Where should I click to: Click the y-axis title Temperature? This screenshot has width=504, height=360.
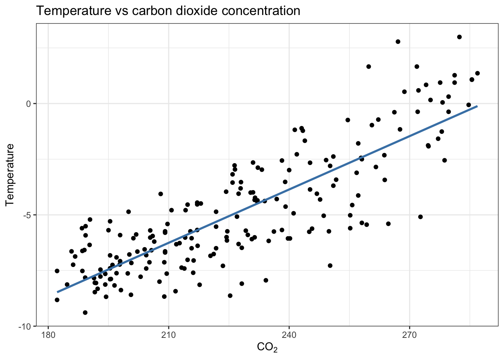point(10,175)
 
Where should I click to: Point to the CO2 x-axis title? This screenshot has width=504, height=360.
point(267,348)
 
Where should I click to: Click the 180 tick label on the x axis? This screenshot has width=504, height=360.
point(48,334)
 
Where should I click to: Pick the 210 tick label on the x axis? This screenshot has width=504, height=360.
point(168,334)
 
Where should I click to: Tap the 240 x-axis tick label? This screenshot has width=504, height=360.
point(289,334)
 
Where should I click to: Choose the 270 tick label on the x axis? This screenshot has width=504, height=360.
point(409,334)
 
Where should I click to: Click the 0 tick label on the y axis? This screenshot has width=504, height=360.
point(28,104)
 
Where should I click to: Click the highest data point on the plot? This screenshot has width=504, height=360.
point(459,37)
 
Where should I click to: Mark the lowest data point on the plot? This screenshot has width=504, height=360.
point(85,312)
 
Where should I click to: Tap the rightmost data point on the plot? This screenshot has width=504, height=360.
point(477,73)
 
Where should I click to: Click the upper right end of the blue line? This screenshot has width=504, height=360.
point(477,106)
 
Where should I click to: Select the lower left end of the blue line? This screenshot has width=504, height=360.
point(57,292)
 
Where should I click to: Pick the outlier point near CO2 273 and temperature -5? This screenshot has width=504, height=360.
point(420,217)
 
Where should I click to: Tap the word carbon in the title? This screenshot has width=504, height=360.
point(151,11)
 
